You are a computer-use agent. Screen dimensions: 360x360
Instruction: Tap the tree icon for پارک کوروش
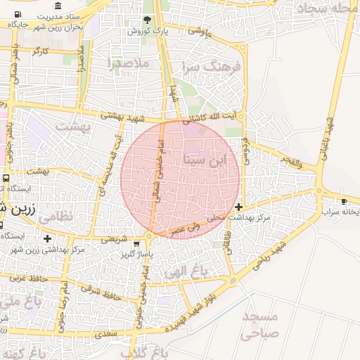click(146, 20)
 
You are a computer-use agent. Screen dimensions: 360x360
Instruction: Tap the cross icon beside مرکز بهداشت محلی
click(240, 207)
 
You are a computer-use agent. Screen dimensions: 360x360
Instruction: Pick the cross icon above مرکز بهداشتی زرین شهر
click(47, 239)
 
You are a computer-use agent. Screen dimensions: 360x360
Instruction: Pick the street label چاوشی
click(201, 30)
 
